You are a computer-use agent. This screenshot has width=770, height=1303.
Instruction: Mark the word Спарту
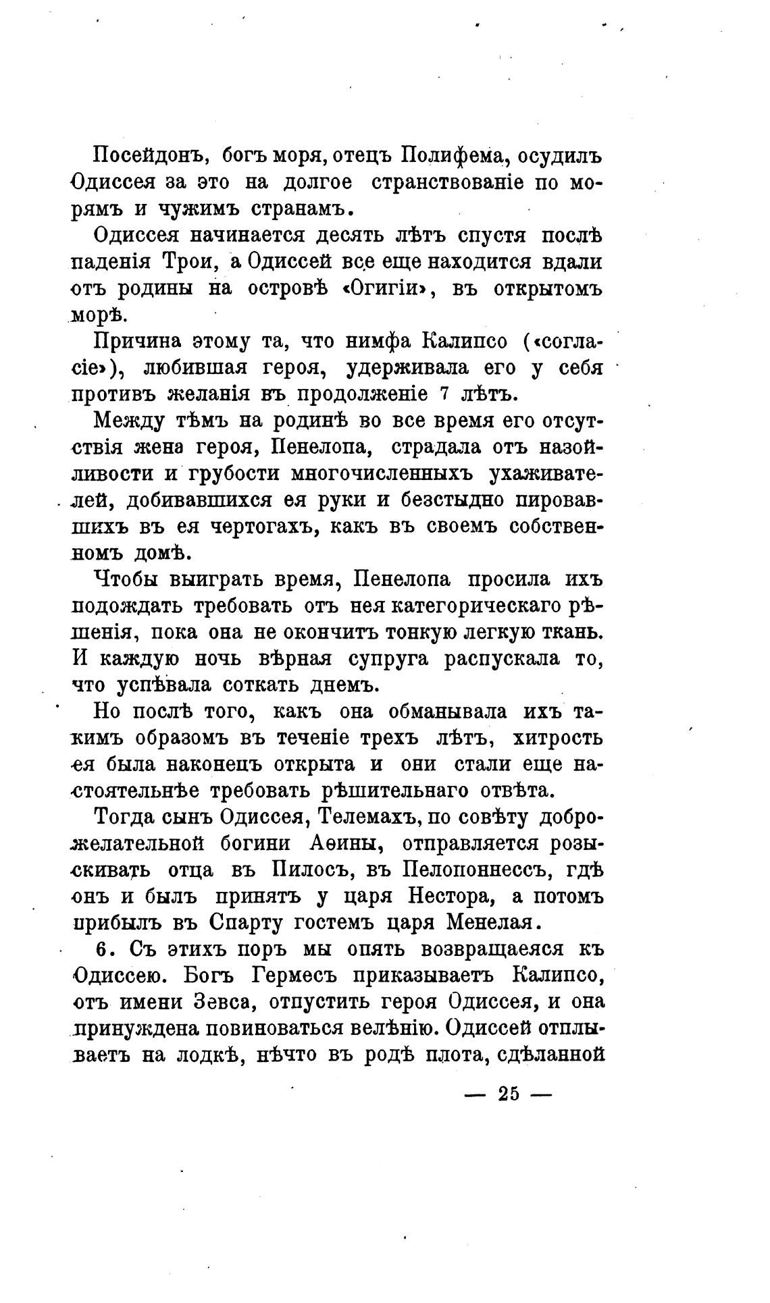coord(248,922)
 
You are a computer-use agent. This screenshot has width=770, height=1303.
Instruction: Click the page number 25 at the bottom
coord(508,1094)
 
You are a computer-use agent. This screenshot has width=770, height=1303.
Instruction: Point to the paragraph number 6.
coord(101,949)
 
